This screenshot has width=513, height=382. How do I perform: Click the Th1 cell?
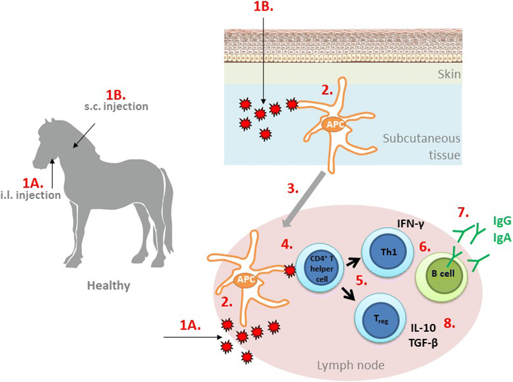click(x=389, y=252)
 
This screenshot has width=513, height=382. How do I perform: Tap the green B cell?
click(x=442, y=274)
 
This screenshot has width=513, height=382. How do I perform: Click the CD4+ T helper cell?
click(x=321, y=269)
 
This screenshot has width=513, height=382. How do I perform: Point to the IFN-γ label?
click(x=410, y=225)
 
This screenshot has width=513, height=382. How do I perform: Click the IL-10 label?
click(x=423, y=328)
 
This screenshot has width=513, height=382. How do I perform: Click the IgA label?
click(x=502, y=237)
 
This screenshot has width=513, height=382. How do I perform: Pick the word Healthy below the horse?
click(x=109, y=285)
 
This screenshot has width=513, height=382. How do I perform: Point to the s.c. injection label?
click(x=116, y=106)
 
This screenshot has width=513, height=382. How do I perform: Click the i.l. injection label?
click(x=30, y=195)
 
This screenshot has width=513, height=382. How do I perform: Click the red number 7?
click(x=463, y=213)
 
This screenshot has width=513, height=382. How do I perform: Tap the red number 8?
click(x=449, y=323)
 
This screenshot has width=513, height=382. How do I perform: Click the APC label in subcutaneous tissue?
click(x=335, y=125)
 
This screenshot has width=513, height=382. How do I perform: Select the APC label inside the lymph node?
click(x=245, y=280)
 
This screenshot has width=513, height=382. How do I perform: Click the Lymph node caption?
click(x=350, y=365)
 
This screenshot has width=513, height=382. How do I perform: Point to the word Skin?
click(x=449, y=74)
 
